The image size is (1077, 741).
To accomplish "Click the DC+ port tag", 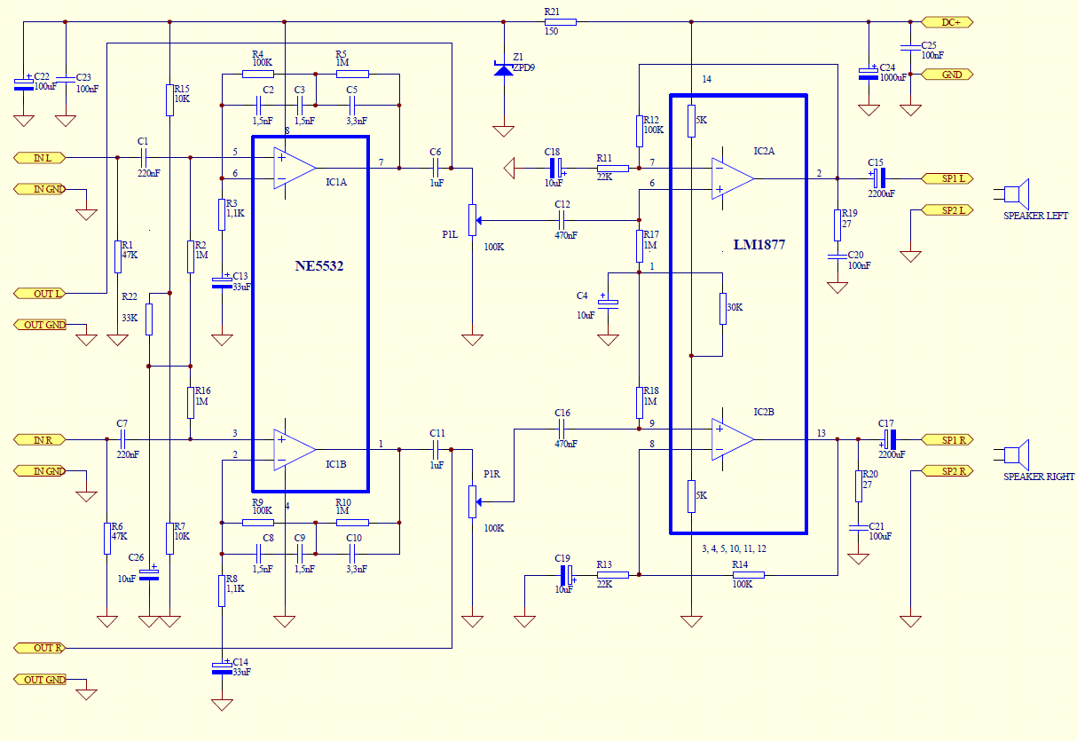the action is coord(947,22).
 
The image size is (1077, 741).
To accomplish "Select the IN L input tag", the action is coord(39,158).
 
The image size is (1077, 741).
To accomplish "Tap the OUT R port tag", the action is coord(39,648).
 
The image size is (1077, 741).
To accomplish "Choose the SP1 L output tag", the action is coord(947,178).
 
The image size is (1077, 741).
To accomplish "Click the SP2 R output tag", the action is coord(947,470).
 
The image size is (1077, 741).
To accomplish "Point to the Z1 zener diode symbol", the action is coord(503,70).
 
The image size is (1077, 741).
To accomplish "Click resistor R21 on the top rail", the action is coord(560,22).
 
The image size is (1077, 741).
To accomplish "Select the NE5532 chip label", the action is coord(319,266).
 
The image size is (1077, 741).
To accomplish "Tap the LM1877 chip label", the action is coord(759,245).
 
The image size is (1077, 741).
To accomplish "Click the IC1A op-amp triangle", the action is coord(294,169).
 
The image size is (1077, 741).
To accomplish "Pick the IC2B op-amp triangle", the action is coord(732,439).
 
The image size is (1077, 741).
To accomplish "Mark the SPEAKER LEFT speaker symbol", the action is coord(1016,193).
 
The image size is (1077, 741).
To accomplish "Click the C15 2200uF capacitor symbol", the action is coord(879,178).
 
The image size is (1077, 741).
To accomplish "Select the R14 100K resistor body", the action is coord(748,575).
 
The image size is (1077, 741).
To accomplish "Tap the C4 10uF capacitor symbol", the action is coord(608,302).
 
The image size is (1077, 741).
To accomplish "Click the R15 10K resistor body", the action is coord(169,100).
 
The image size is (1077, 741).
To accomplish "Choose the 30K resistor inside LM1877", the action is coord(723,308).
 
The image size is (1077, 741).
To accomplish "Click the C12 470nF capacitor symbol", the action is coord(561,221).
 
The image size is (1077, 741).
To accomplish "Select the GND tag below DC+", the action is coord(947,75).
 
